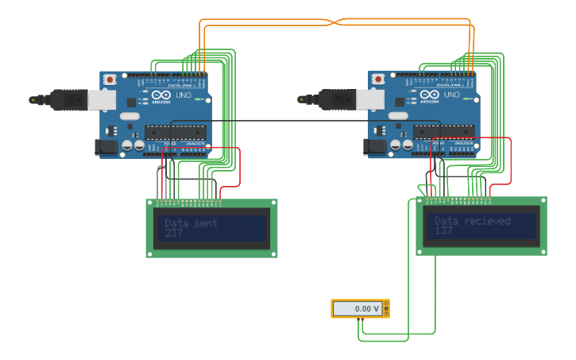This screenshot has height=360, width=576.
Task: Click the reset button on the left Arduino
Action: click(x=110, y=79)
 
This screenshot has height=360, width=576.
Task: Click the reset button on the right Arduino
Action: click(x=378, y=79)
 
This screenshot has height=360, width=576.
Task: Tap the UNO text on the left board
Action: click(x=184, y=95)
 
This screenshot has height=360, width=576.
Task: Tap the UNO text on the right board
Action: click(x=452, y=95)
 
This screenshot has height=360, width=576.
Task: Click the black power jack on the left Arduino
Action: click(x=105, y=147)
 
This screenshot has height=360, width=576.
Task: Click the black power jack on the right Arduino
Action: click(x=373, y=147)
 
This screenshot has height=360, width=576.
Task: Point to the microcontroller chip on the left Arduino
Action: click(x=176, y=133)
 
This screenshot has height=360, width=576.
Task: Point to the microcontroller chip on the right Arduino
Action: click(x=444, y=133)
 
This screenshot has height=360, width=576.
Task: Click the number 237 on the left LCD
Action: click(x=174, y=234)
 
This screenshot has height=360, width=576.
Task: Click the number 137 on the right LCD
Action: click(x=443, y=231)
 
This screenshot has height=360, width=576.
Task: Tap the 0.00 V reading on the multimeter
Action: click(x=357, y=308)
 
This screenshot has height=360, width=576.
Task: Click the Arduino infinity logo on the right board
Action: click(x=430, y=95)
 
